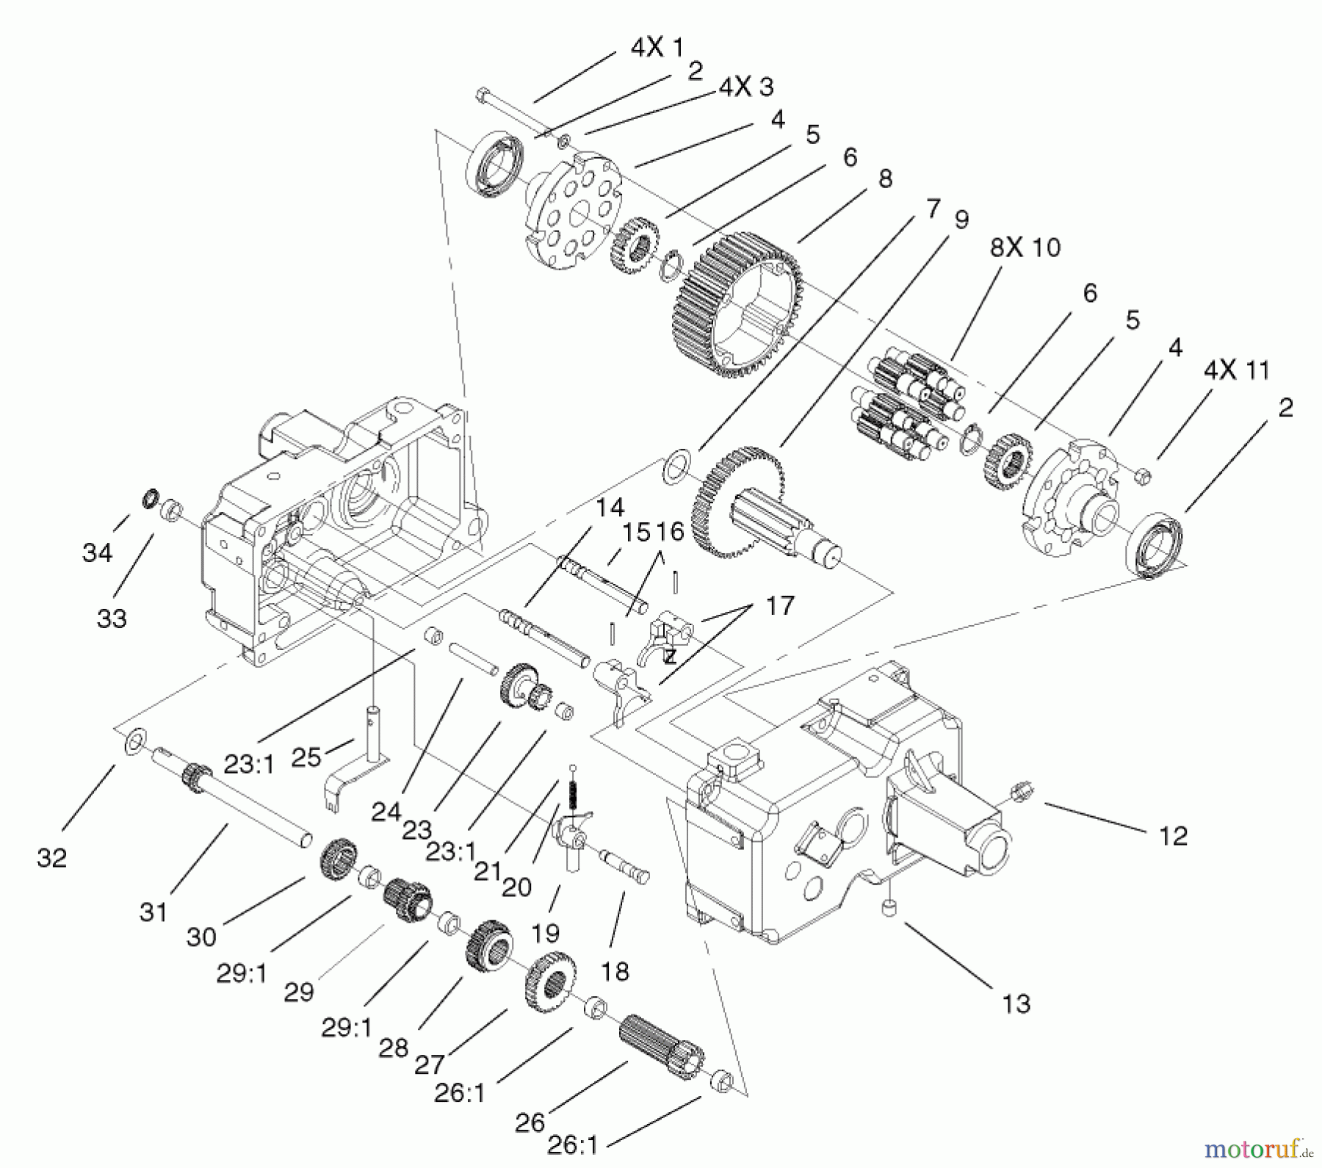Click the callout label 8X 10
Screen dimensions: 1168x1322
tap(1025, 248)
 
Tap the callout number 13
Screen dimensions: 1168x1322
tap(1016, 1003)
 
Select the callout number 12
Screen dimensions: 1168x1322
tap(1173, 836)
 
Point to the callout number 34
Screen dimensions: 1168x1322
tap(97, 552)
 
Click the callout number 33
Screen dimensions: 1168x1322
tap(112, 618)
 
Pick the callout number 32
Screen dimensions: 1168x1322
tap(51, 857)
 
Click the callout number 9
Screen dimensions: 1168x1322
tap(961, 220)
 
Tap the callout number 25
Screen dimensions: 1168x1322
tap(306, 757)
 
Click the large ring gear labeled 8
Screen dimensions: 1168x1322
tap(734, 305)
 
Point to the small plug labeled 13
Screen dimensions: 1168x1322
tap(889, 909)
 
